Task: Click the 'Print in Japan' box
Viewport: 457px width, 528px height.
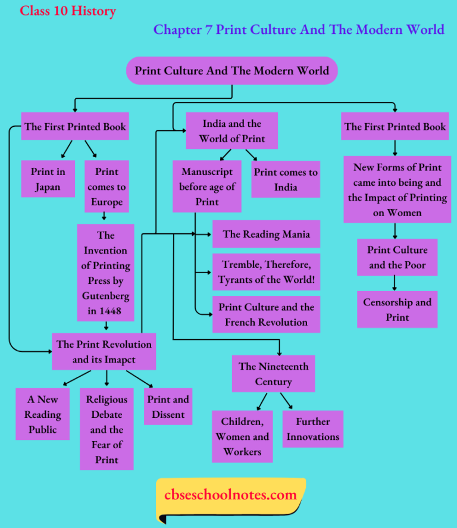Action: pos(48,179)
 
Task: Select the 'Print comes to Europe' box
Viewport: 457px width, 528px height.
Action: pos(107,186)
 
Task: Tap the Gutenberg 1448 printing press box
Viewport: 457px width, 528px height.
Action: pos(105,273)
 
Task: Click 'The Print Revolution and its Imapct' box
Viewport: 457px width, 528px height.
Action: pos(104,352)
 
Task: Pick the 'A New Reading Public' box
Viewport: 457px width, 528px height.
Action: pos(43,414)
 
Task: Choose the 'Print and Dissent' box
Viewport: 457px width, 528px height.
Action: pos(168,407)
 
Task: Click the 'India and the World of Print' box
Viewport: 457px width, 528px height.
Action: pos(231,132)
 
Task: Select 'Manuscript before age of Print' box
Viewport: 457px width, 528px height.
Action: pos(206,186)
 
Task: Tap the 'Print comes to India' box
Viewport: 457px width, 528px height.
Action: pos(286,179)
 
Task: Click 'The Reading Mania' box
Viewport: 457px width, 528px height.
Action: pos(266,234)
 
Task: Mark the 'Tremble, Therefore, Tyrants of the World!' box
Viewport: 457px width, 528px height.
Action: pos(266,272)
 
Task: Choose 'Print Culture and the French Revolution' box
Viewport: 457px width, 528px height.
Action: pos(266,314)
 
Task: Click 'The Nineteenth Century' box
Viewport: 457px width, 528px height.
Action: pos(273,374)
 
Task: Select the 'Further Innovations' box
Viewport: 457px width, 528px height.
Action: pos(312,429)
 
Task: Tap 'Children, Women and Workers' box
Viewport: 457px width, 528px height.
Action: pos(242,436)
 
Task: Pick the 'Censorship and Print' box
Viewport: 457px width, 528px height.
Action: pos(397,310)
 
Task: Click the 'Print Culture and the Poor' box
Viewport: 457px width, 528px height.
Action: pos(397,257)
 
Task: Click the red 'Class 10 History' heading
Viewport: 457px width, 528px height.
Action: pos(68,11)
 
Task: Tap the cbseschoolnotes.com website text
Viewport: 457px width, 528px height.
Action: pos(230,495)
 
